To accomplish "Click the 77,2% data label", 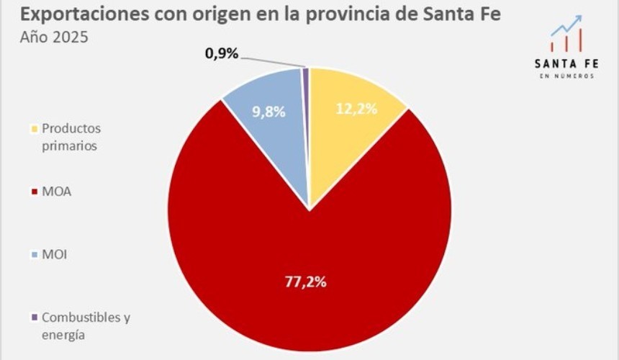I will (x=304, y=282).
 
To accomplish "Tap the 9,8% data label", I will (x=268, y=112).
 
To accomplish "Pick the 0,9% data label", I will (x=221, y=54).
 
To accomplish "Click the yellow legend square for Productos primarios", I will (x=34, y=130).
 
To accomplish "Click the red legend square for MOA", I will (x=34, y=192).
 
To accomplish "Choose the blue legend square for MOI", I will (x=34, y=255).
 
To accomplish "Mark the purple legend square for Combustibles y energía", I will (x=34, y=318).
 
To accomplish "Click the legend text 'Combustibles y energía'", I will (x=86, y=325).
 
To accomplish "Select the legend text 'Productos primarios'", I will (x=72, y=137).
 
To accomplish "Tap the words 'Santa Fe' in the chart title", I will (x=469, y=14).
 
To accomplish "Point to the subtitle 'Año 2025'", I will (x=54, y=37).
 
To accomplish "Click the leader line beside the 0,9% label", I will (x=274, y=60).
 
